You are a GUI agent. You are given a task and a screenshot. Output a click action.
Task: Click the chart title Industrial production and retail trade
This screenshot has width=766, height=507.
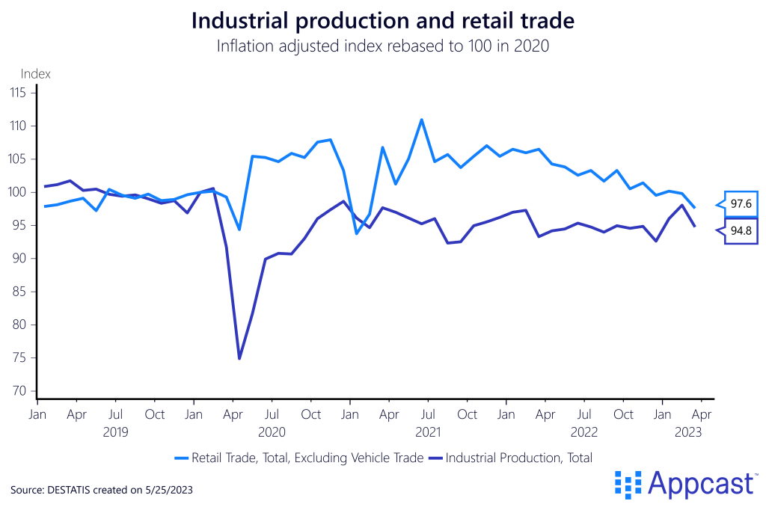coord(383,20)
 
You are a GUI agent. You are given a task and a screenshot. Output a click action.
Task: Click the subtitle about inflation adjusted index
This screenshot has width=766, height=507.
coord(383,46)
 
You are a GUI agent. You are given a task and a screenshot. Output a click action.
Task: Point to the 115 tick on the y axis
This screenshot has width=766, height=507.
coord(18,93)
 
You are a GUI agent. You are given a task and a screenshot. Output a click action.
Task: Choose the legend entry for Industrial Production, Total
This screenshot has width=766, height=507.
coord(518,458)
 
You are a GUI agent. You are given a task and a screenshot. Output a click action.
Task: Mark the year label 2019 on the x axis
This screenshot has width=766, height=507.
coord(116,431)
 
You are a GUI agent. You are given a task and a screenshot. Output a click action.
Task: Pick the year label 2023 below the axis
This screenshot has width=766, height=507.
coord(688,431)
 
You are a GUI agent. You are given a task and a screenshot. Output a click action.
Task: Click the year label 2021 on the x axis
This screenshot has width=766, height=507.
coord(427,431)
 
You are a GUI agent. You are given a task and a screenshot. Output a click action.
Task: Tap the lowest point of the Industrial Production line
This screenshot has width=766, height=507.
coord(239,358)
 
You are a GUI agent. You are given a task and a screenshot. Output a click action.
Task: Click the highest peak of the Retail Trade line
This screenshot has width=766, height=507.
coord(422,120)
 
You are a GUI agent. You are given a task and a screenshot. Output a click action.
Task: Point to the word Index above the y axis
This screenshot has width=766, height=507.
coord(35,73)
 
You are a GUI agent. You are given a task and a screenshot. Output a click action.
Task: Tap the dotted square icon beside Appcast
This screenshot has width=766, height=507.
coord(628,484)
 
